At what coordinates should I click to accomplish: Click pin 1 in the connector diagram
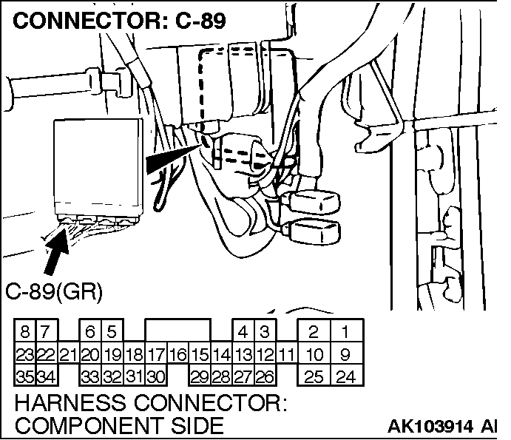coord(344,332)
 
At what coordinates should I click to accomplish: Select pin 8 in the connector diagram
coord(25,332)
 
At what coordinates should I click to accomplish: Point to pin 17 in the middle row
coord(156,355)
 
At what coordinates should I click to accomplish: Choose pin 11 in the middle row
coord(287,355)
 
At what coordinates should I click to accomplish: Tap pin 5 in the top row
coord(112,332)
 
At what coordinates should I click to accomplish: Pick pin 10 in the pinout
coord(314,355)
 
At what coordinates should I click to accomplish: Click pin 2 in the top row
coord(314,332)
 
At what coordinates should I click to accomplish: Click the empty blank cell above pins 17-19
coord(177,332)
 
